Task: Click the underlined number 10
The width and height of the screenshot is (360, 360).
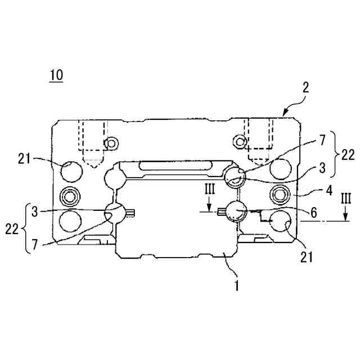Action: click(x=56, y=75)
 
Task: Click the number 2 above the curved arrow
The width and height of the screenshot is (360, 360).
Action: click(x=305, y=88)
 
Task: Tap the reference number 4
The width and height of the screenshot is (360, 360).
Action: click(x=329, y=190)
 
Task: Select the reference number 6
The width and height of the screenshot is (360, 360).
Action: click(x=314, y=212)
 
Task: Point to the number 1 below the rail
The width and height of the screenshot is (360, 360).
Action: click(x=236, y=286)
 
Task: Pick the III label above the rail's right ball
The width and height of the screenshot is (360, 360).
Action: click(x=209, y=190)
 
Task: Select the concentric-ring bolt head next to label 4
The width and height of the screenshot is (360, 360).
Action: click(x=280, y=195)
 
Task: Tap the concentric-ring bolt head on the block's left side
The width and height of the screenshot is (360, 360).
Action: click(x=70, y=197)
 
